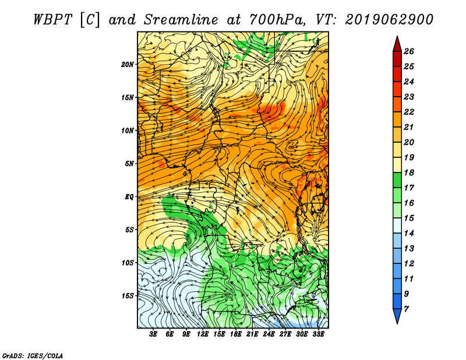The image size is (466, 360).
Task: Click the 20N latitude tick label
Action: (128, 65)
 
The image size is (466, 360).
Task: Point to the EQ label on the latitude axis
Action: (129, 197)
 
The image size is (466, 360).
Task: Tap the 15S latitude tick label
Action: (128, 296)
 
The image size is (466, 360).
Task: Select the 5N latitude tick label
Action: (129, 164)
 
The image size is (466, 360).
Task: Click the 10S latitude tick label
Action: (128, 263)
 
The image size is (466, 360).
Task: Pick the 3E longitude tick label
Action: (153, 334)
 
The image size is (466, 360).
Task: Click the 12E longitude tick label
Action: (202, 334)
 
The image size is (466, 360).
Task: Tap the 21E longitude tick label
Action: (252, 334)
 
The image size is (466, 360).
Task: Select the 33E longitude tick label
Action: (318, 334)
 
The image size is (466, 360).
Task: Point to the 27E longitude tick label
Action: (285, 334)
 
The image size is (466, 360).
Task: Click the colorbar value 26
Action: (409, 51)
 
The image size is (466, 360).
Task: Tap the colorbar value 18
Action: (409, 172)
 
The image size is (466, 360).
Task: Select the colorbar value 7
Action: (406, 309)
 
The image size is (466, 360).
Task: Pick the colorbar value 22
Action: (409, 112)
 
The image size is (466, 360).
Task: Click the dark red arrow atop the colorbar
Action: (397, 44)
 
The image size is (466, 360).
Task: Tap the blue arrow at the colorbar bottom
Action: (397, 316)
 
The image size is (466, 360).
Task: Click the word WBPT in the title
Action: (52, 20)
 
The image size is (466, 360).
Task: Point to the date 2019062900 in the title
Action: (389, 20)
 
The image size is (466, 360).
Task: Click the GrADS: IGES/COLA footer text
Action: (33, 356)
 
